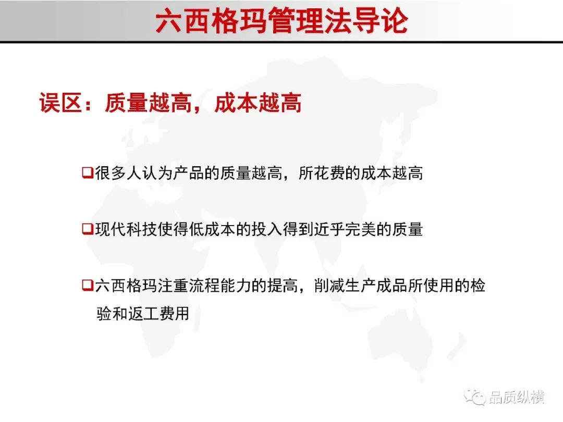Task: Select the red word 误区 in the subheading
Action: pyautogui.click(x=60, y=103)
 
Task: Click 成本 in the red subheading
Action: pyautogui.click(x=236, y=103)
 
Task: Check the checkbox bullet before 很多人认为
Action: pyautogui.click(x=88, y=172)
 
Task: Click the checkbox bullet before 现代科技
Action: pyautogui.click(x=88, y=229)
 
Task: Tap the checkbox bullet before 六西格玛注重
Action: pyautogui.click(x=88, y=286)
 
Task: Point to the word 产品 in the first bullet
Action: pyautogui.click(x=189, y=173)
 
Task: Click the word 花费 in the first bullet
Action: pyautogui.click(x=329, y=173)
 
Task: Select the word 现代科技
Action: pyautogui.click(x=126, y=229)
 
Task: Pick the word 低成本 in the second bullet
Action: pyautogui.click(x=213, y=229)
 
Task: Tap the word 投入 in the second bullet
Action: pyautogui.click(x=267, y=229)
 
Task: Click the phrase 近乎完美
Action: pyautogui.click(x=345, y=229)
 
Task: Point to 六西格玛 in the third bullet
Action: pyautogui.click(x=126, y=286)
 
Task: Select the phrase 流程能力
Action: pyautogui.click(x=220, y=286)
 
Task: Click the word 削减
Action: pyautogui.click(x=329, y=286)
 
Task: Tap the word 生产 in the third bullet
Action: pyautogui.click(x=361, y=286)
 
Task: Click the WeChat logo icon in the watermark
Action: pyautogui.click(x=475, y=396)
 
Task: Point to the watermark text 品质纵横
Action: pyautogui.click(x=516, y=397)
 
